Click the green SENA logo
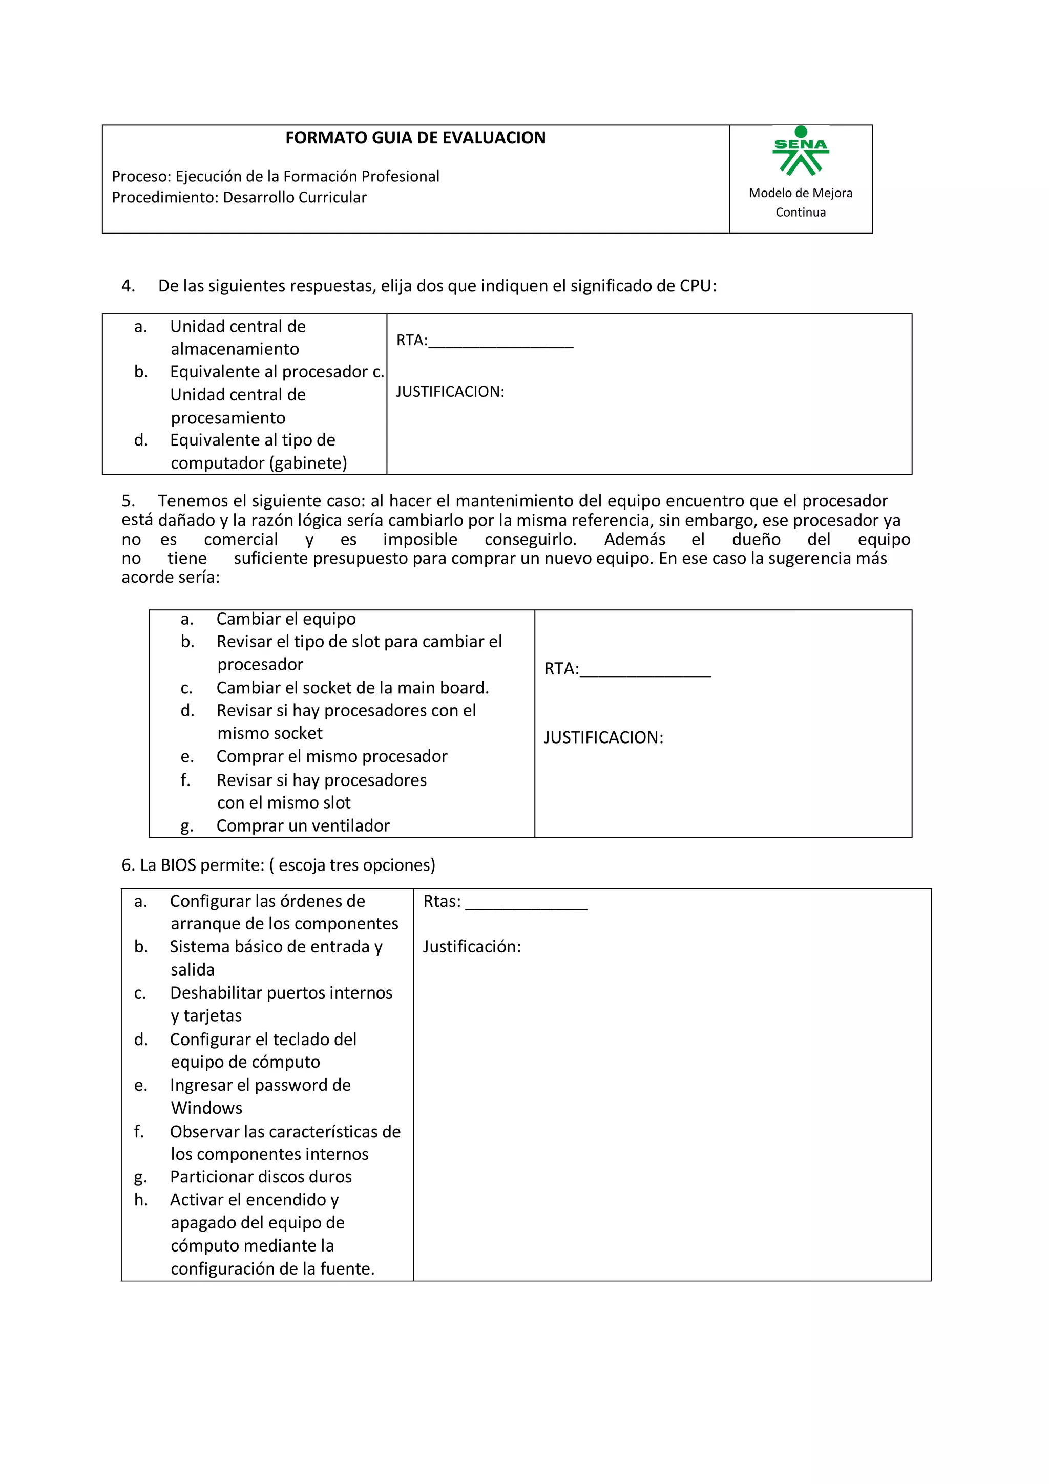tap(800, 153)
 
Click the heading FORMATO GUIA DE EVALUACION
tap(415, 138)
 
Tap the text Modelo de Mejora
tap(800, 193)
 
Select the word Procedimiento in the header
tap(165, 197)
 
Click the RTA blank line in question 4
tap(500, 343)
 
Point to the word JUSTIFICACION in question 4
tap(449, 392)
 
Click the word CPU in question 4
tap(694, 286)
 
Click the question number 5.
tap(128, 501)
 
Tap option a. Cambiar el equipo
tap(286, 619)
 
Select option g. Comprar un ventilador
tap(303, 825)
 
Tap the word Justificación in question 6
tap(471, 947)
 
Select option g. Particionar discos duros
tap(261, 1176)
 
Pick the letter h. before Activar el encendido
tap(141, 1200)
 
